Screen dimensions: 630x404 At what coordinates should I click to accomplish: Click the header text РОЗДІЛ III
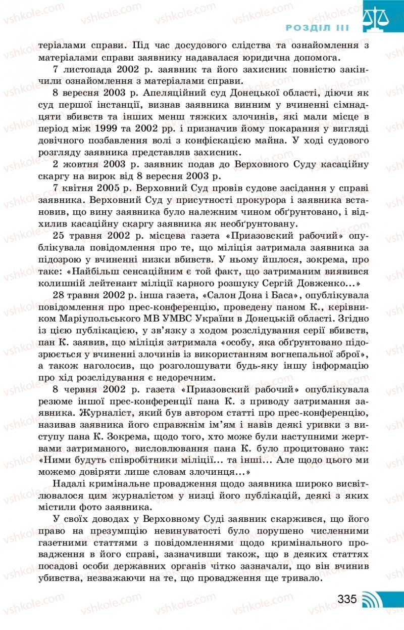point(318,28)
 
